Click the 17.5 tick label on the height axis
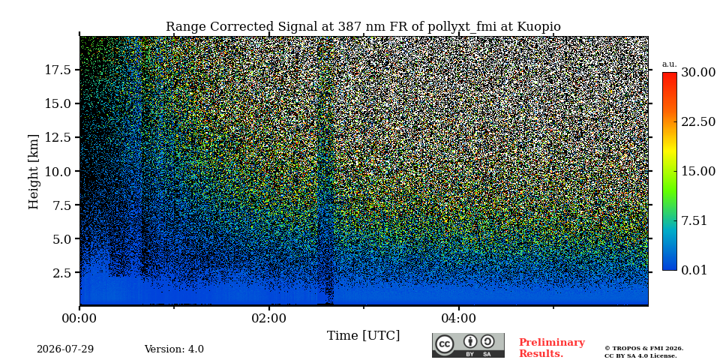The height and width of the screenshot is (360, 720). pos(58,70)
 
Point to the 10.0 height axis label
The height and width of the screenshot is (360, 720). pos(58,171)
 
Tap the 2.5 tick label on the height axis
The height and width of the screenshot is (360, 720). pos(62,273)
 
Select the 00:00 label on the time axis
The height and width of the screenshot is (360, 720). pos(80,317)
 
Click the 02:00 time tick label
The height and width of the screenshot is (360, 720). pos(269,317)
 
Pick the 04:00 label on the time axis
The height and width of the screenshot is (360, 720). pos(459,317)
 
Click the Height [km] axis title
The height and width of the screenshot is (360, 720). pos(34,171)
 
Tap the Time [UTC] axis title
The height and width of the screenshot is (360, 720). pos(363,336)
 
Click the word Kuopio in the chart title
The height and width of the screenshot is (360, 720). pos(539,27)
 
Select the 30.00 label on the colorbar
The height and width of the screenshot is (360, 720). pos(698,72)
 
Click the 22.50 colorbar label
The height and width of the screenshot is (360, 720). pos(698,121)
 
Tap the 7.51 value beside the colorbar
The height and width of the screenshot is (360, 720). pos(694,220)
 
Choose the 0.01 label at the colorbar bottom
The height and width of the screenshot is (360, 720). pos(694,270)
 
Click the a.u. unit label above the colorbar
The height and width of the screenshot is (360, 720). pos(670,64)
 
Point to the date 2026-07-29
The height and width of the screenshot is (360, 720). pos(65,349)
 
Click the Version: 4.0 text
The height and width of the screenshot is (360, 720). pos(174,349)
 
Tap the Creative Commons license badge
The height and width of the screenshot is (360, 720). pos(468,345)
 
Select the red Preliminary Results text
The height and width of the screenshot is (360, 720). pos(551,348)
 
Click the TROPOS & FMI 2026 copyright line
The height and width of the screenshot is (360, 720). pos(643,349)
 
